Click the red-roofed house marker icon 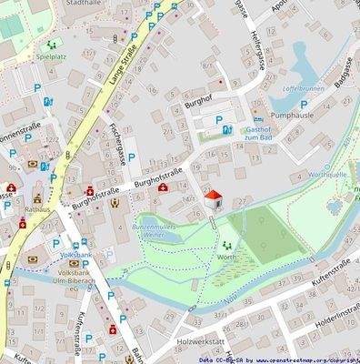coord(213,197)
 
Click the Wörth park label coord(226,258)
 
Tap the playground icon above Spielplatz coord(52,44)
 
